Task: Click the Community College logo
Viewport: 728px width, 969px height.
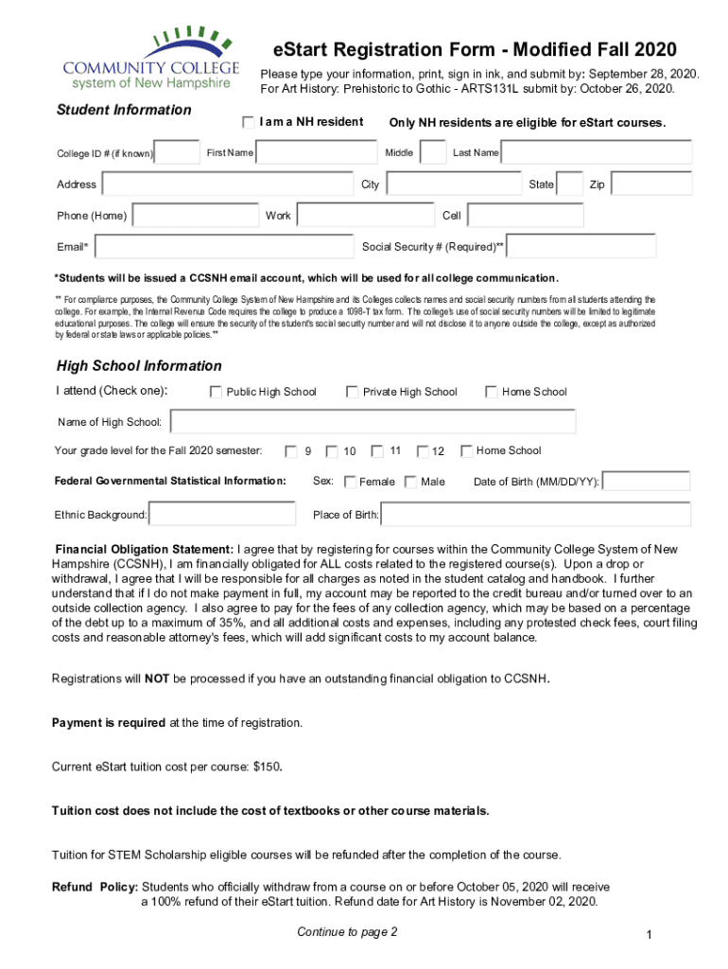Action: tap(147, 56)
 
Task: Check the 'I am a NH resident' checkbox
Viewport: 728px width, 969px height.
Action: tap(249, 122)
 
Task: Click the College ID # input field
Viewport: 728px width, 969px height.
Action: tap(177, 152)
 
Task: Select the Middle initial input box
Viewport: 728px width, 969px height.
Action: tap(433, 152)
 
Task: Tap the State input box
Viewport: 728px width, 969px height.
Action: tap(569, 184)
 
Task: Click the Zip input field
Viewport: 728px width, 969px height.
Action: tap(651, 184)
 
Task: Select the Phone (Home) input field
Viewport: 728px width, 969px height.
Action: tap(196, 216)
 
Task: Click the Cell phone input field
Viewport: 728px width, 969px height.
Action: tap(525, 216)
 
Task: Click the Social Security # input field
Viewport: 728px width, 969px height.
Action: tap(582, 247)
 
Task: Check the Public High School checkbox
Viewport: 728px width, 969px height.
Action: tap(216, 392)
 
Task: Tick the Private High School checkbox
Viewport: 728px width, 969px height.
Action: tap(352, 392)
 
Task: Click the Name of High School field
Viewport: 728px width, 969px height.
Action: tap(373, 421)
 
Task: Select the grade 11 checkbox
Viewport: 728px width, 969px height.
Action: tap(377, 451)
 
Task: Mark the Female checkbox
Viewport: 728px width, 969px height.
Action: tap(351, 482)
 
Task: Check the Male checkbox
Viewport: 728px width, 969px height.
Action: tap(410, 482)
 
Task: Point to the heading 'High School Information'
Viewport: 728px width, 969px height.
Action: tap(139, 366)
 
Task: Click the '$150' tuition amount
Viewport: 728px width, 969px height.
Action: tap(268, 766)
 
